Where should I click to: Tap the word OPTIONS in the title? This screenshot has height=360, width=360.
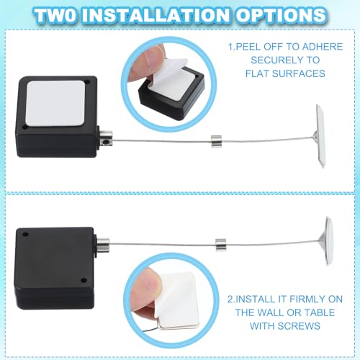point(281,15)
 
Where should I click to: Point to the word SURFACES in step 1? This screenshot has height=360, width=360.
point(299,73)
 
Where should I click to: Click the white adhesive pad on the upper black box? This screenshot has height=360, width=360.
point(55,103)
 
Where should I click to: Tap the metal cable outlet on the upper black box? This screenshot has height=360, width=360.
point(106,139)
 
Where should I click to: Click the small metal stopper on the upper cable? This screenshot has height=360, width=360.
point(216,141)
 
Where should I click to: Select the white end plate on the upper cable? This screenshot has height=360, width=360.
point(321,135)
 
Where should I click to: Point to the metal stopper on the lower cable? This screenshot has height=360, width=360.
point(221,245)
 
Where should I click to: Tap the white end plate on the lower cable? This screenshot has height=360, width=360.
point(329,240)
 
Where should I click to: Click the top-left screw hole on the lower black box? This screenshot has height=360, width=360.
point(25,234)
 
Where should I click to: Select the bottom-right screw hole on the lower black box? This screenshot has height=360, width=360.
point(84,280)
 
